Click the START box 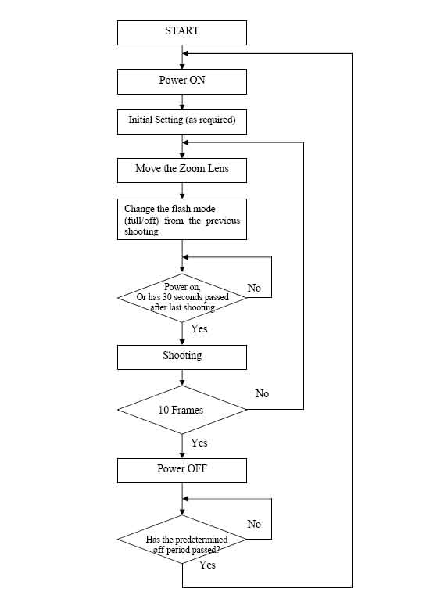(x=182, y=33)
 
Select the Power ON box (x=182, y=82)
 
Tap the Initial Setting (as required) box (x=182, y=122)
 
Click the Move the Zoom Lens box (x=182, y=170)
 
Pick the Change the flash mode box (x=182, y=219)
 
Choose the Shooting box (x=182, y=357)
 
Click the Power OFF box (x=182, y=471)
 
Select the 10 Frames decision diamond (x=182, y=410)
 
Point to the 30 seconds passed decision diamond (x=182, y=298)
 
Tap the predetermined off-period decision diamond (x=182, y=540)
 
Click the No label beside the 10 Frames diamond (x=262, y=393)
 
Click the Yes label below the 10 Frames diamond (x=199, y=443)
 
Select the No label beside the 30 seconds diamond (x=254, y=288)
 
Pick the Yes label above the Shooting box (x=199, y=328)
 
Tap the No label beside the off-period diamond (x=254, y=524)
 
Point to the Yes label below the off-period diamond (x=207, y=565)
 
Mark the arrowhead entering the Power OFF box (x=182, y=455)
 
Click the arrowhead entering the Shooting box (x=182, y=342)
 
